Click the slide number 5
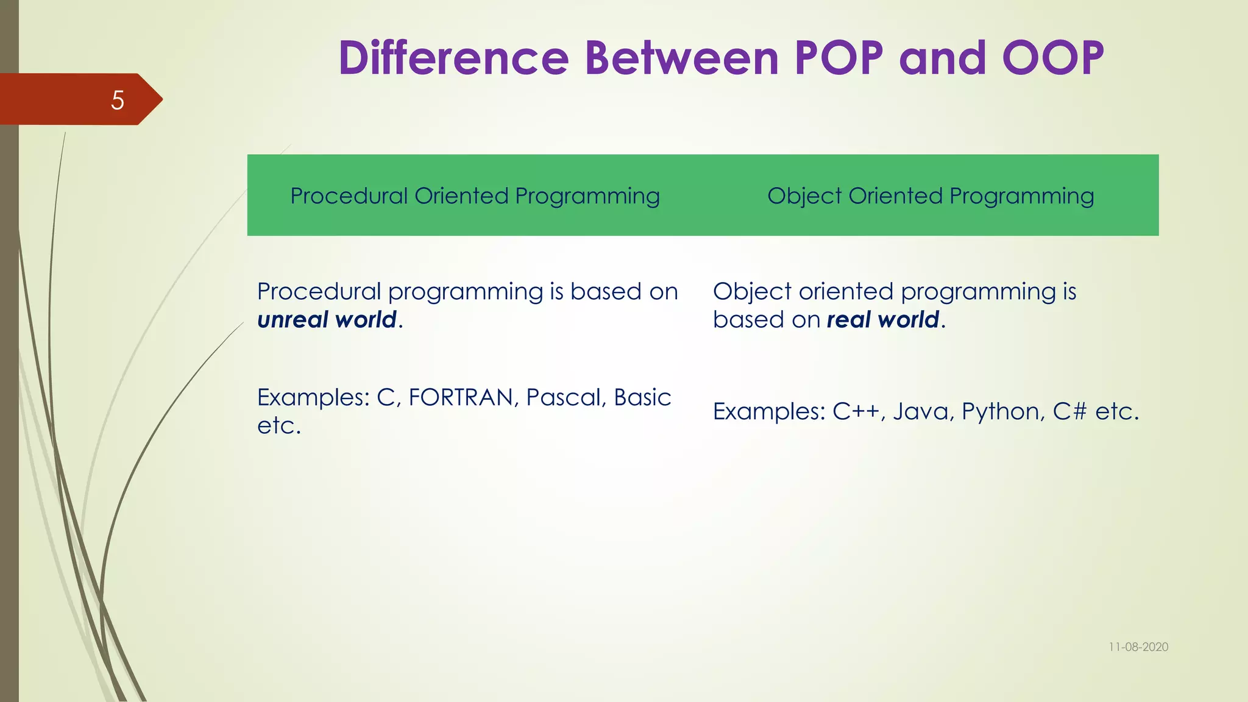click(x=118, y=100)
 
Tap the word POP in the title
click(x=838, y=58)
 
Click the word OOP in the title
click(x=1053, y=58)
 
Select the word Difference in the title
click(x=453, y=58)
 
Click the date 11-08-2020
click(x=1138, y=647)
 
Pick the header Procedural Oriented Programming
click(x=475, y=196)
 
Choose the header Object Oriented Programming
click(x=931, y=196)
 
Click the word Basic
click(x=642, y=398)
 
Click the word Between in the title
click(x=681, y=58)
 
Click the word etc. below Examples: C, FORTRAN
click(x=279, y=426)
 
